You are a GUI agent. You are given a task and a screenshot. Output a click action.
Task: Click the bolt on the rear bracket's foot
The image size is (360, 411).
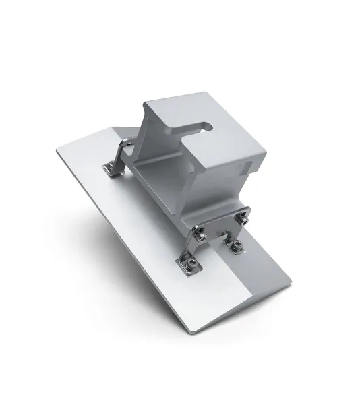click(109, 167)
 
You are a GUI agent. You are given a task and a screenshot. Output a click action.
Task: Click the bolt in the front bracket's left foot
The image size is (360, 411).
click(191, 265)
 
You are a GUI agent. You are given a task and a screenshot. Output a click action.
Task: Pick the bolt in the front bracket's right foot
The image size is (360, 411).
click(235, 247)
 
